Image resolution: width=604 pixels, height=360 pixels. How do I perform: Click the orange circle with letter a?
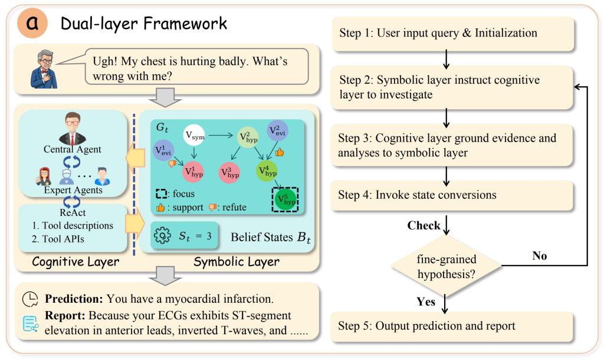32,23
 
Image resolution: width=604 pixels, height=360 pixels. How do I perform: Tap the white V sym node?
194,135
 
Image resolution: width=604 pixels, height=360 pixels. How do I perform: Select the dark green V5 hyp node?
285,199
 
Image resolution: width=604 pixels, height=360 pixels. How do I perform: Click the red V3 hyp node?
229,172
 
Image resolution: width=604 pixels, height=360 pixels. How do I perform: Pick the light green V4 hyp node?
267,171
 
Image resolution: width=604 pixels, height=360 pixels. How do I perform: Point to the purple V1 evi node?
163,150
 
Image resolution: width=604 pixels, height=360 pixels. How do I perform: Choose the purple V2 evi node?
277,130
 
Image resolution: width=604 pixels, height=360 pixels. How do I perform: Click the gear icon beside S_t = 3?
162,235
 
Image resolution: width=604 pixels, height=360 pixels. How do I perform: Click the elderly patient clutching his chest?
44,69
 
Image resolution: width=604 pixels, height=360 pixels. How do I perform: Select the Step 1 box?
453,34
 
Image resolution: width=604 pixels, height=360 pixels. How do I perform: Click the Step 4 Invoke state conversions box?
453,195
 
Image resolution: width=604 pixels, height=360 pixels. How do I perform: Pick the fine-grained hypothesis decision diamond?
446,266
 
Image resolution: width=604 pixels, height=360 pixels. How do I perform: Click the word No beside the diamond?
539,256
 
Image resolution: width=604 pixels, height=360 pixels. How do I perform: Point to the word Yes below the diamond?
426,302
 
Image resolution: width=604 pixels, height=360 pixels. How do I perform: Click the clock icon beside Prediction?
30,299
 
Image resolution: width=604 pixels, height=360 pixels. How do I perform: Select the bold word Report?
65,316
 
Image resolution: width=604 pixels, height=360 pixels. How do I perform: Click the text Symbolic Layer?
237,262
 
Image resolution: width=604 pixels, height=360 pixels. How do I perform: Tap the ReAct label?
73,212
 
